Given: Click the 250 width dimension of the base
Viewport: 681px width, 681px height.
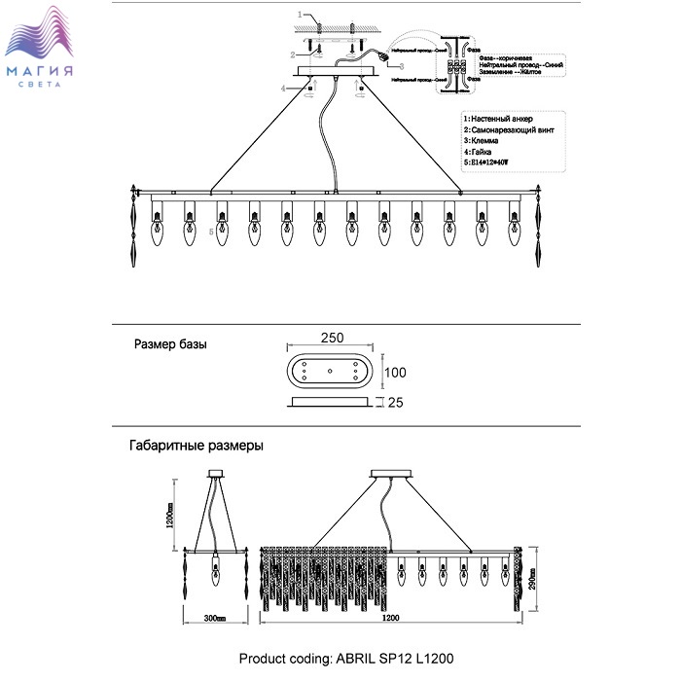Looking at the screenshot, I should tap(332, 337).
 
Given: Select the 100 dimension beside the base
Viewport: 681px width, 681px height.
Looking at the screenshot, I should tap(394, 373).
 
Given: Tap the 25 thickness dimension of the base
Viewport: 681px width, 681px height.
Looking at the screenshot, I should tap(395, 402).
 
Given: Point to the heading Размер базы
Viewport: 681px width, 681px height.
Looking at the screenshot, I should tap(170, 344).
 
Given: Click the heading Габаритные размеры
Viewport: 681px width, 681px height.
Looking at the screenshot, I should tap(196, 446).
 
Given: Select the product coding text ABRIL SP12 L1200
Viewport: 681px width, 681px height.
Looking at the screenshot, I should tap(346, 659).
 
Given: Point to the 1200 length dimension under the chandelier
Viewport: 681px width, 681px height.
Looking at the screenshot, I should tap(389, 618).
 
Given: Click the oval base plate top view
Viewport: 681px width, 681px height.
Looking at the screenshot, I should tap(331, 371).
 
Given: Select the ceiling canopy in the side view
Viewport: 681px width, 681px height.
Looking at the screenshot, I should tap(215, 475).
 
